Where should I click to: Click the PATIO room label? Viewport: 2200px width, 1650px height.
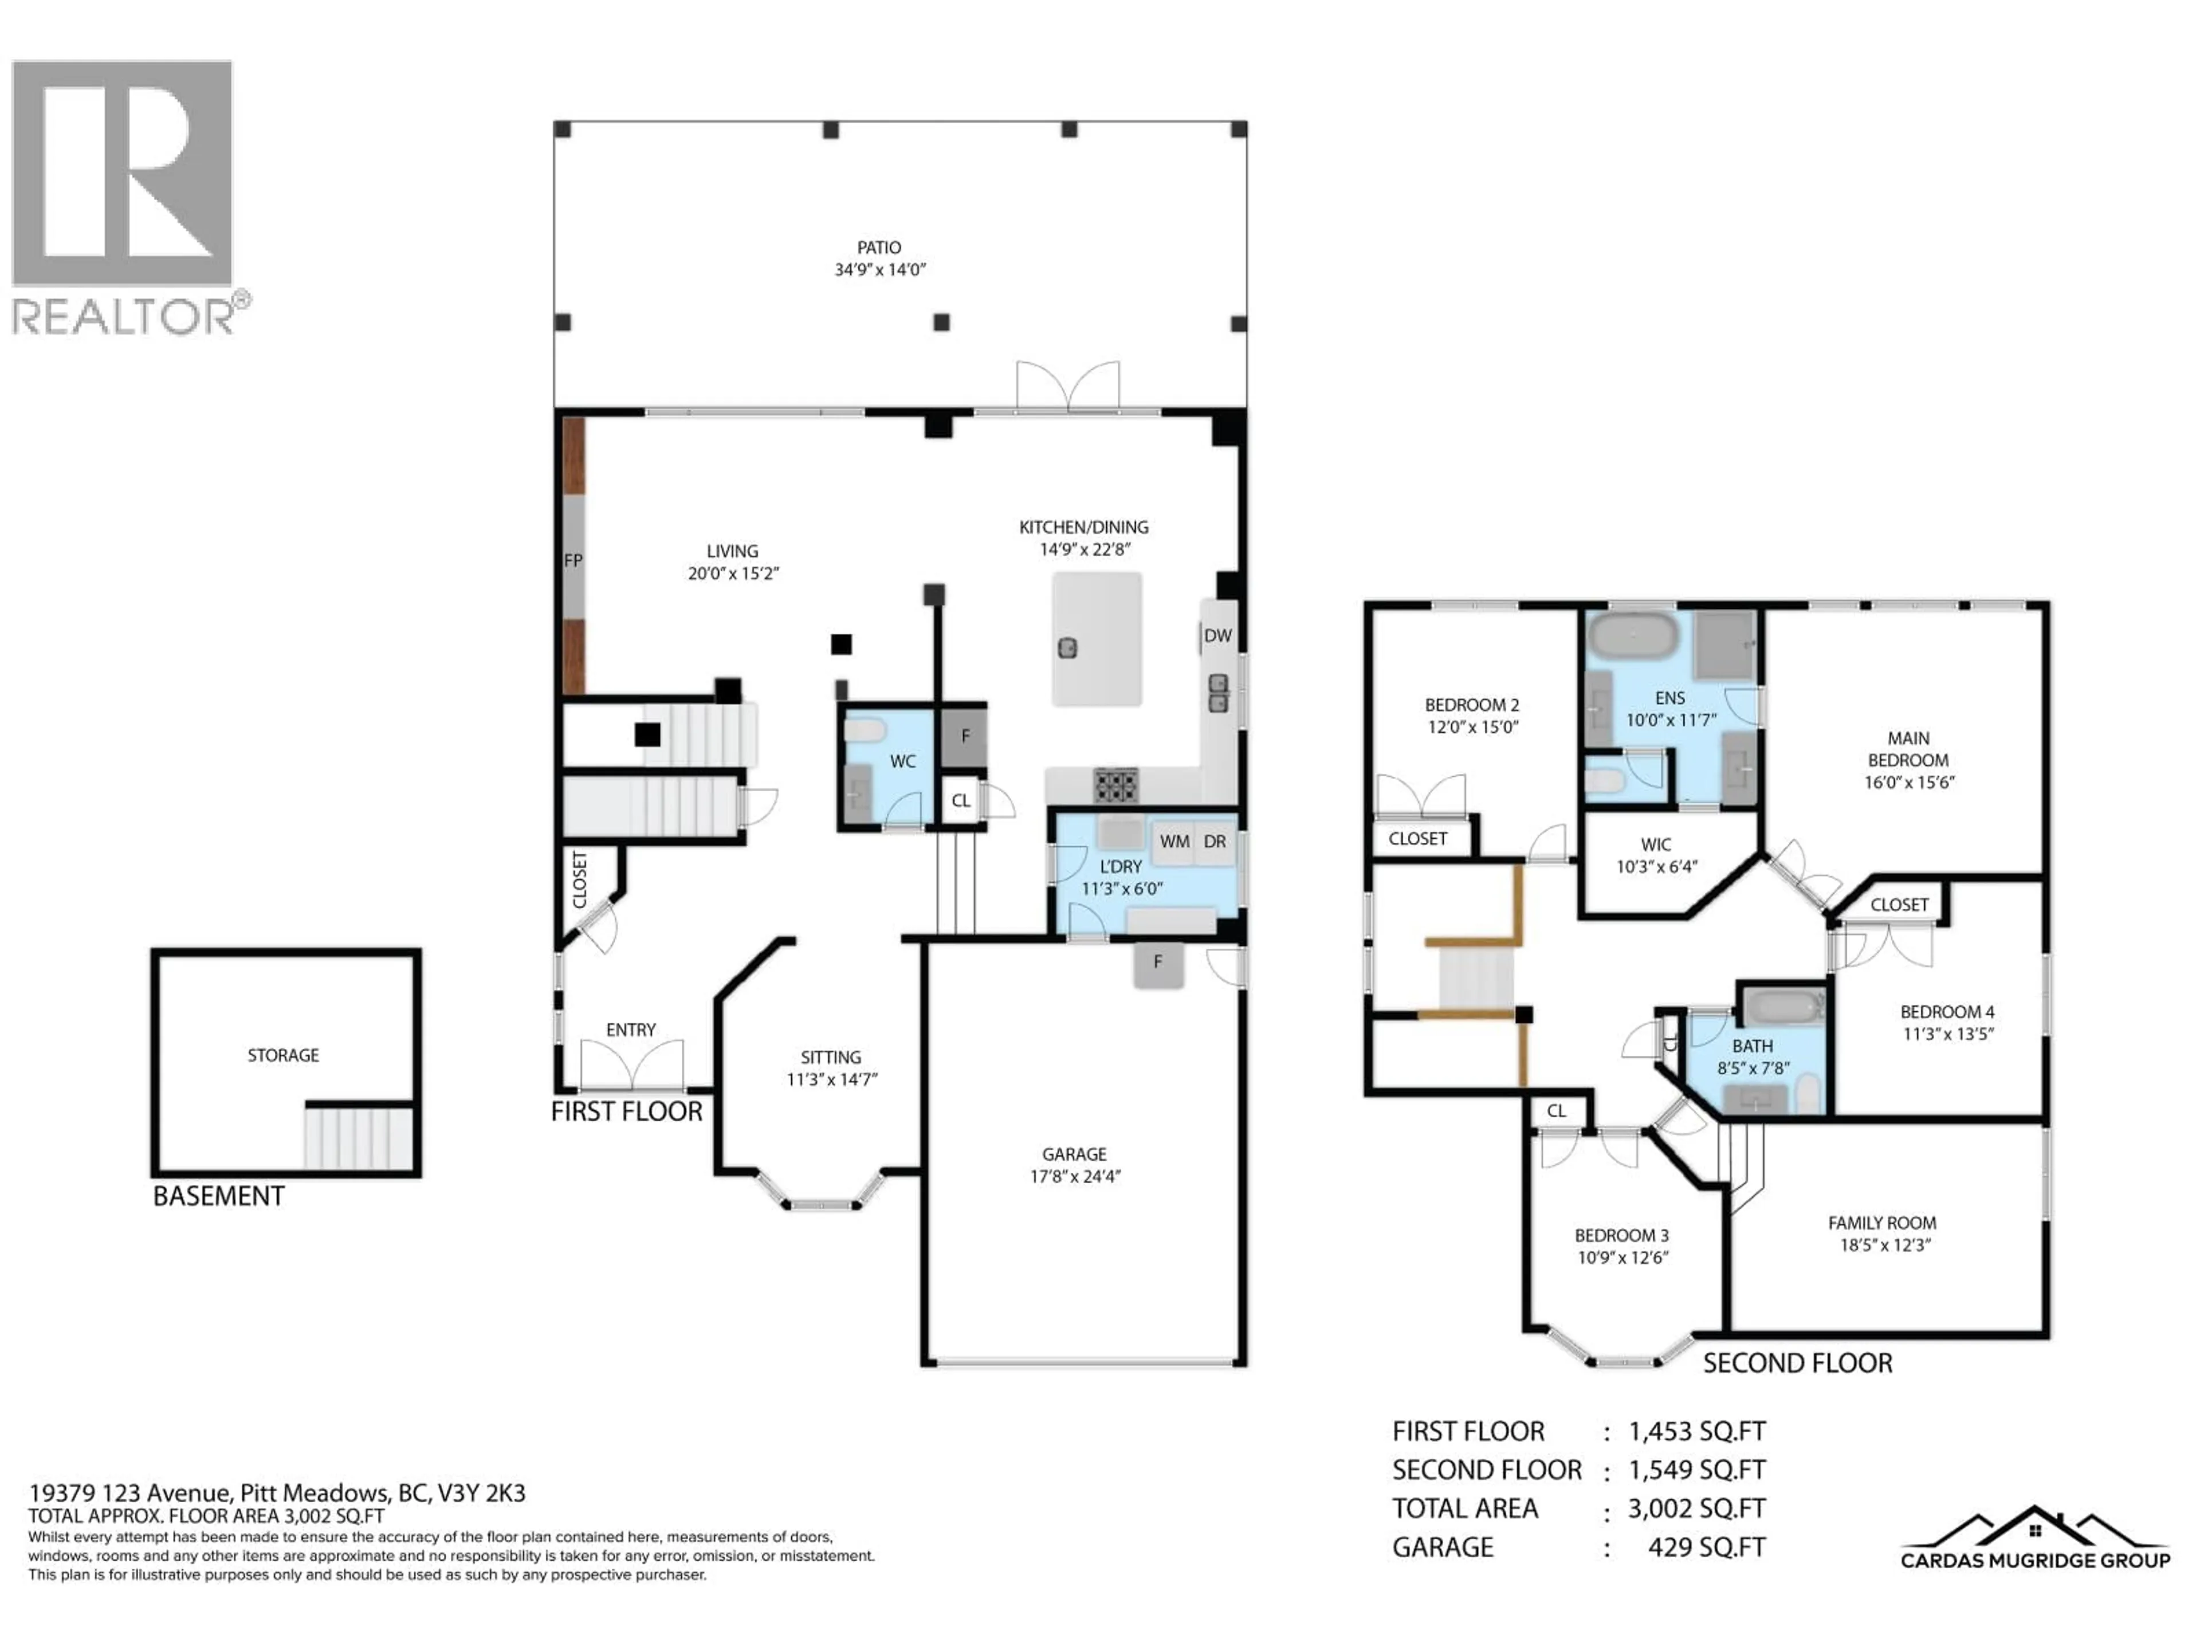pos(879,247)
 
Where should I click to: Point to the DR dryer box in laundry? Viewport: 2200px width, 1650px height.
pos(1215,842)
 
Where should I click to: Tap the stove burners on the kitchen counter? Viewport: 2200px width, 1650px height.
pos(1116,785)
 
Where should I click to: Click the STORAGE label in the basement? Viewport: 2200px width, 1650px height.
pos(284,1055)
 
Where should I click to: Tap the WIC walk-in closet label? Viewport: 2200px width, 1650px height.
pos(1656,844)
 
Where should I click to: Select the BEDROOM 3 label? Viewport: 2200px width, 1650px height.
pos(1621,1235)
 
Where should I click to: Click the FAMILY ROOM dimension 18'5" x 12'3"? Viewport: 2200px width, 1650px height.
pos(1884,1245)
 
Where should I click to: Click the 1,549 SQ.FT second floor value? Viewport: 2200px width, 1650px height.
pos(1697,1470)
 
